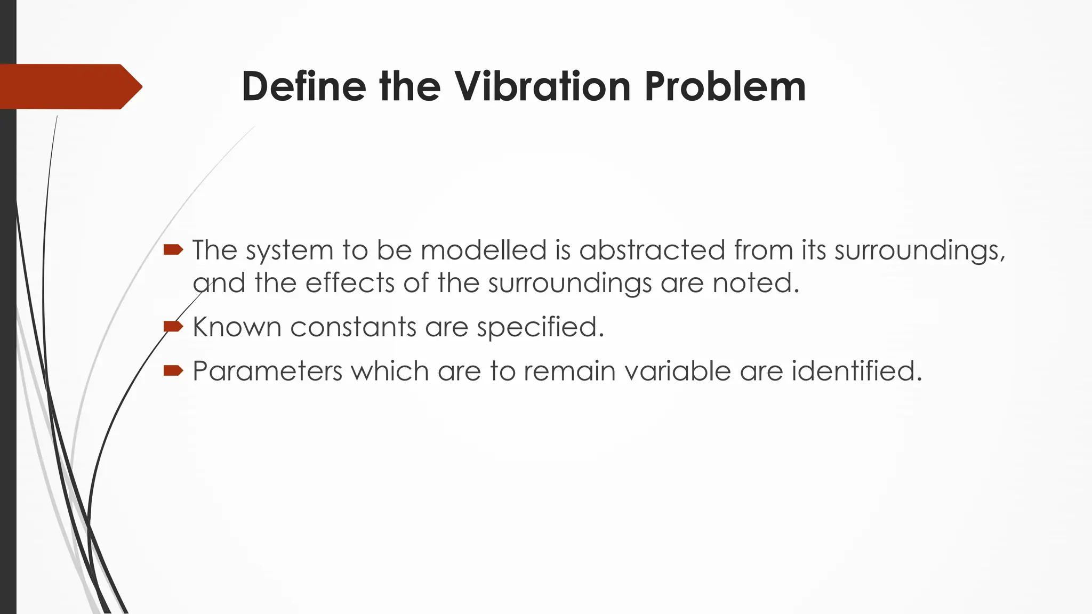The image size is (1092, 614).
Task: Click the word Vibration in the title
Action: (542, 86)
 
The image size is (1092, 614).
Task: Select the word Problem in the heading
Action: (725, 86)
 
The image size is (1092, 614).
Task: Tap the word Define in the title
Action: (304, 86)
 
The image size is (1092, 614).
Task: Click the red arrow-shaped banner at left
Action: (69, 86)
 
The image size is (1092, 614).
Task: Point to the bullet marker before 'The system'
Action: (173, 249)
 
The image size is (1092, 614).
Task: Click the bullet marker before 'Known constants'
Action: (173, 326)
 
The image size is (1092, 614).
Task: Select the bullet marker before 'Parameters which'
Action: (173, 370)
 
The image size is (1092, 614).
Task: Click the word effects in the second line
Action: (350, 282)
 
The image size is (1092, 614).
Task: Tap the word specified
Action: (540, 327)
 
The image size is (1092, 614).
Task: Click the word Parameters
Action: (267, 371)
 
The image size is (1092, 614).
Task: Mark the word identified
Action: (856, 371)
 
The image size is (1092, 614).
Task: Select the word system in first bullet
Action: (289, 251)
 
